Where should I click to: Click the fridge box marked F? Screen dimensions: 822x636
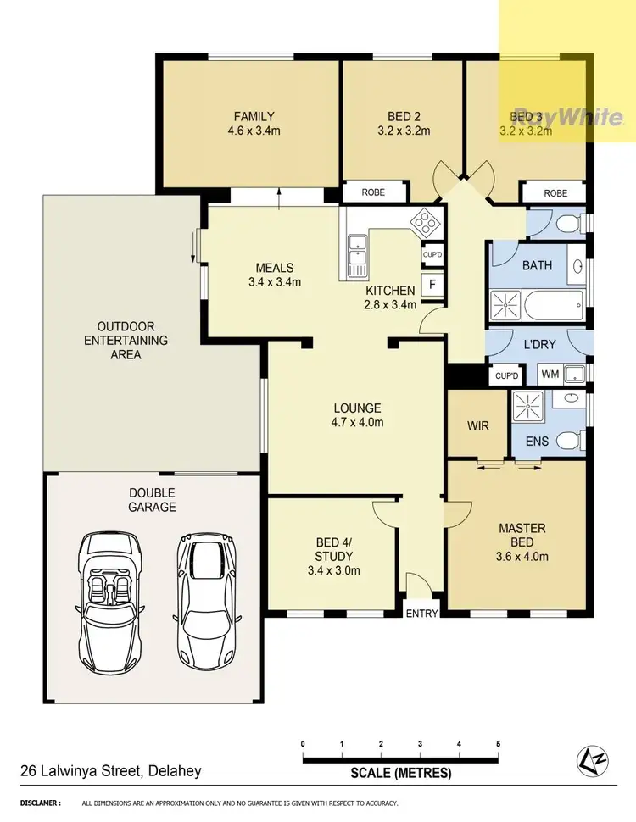tap(432, 286)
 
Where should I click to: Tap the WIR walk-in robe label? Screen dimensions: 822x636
tap(478, 425)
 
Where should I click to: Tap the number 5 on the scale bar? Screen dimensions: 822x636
tap(498, 744)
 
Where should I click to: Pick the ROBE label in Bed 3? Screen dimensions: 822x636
tap(555, 193)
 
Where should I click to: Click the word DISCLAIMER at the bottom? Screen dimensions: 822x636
tap(40, 803)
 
